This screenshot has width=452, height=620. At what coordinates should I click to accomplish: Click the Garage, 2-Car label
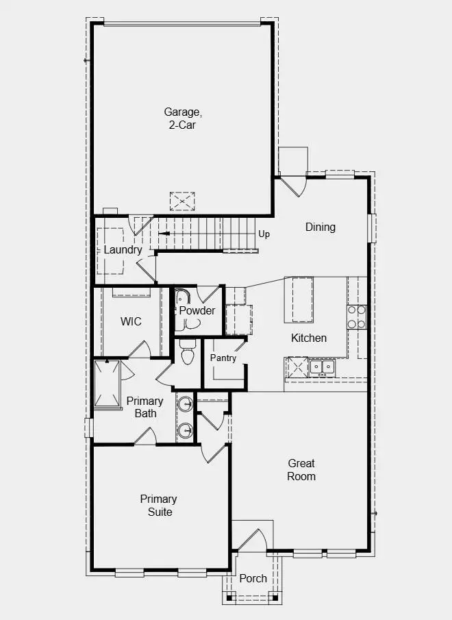182,118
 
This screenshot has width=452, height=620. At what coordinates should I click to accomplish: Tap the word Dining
320,227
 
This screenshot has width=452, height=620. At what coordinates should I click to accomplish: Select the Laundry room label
123,249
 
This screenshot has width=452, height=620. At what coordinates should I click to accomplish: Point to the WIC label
131,321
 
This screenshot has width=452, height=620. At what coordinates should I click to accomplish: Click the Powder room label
197,310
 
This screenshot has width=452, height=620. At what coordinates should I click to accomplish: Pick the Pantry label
223,358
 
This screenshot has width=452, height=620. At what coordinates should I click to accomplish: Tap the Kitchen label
309,338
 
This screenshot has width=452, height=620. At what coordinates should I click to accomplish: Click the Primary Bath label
145,407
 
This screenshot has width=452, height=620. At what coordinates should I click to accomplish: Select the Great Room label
301,470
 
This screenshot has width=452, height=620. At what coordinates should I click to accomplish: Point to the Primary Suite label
158,506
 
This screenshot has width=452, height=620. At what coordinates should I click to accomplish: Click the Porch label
253,578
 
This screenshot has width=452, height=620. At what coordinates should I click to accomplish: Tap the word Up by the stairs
264,234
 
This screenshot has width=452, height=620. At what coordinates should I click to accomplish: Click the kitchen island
298,299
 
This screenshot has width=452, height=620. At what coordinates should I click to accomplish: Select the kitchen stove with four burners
356,317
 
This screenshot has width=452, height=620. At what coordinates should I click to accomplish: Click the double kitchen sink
321,367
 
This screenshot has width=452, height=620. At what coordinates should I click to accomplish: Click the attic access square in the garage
183,201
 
